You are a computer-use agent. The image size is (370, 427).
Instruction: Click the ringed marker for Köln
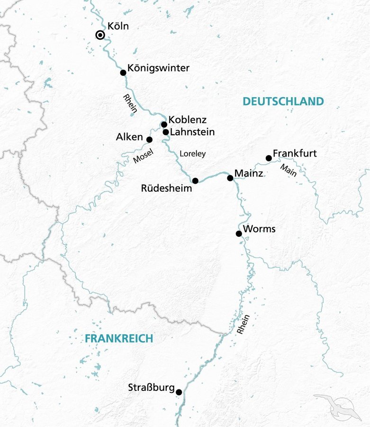(100, 35)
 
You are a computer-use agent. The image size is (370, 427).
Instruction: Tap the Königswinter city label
(158, 68)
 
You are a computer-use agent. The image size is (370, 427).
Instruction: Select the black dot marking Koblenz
(164, 125)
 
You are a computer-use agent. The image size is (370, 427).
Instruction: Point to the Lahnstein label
(192, 132)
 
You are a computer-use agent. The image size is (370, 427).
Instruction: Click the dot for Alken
(149, 139)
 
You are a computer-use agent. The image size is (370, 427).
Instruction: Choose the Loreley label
(193, 154)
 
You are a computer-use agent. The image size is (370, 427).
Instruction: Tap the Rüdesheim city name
(166, 188)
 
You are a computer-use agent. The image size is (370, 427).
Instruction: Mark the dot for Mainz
(230, 178)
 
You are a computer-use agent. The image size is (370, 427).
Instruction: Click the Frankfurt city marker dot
(269, 158)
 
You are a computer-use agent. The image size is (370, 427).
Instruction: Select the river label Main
(288, 170)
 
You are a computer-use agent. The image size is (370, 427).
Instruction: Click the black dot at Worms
(239, 233)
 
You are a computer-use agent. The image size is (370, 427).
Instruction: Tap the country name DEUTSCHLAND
(283, 101)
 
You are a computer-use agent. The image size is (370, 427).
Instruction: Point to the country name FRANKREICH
(119, 338)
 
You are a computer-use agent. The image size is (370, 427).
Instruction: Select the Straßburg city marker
(179, 392)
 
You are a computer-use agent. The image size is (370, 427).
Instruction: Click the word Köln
(118, 26)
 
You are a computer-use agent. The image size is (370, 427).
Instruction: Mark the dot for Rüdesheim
(195, 181)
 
